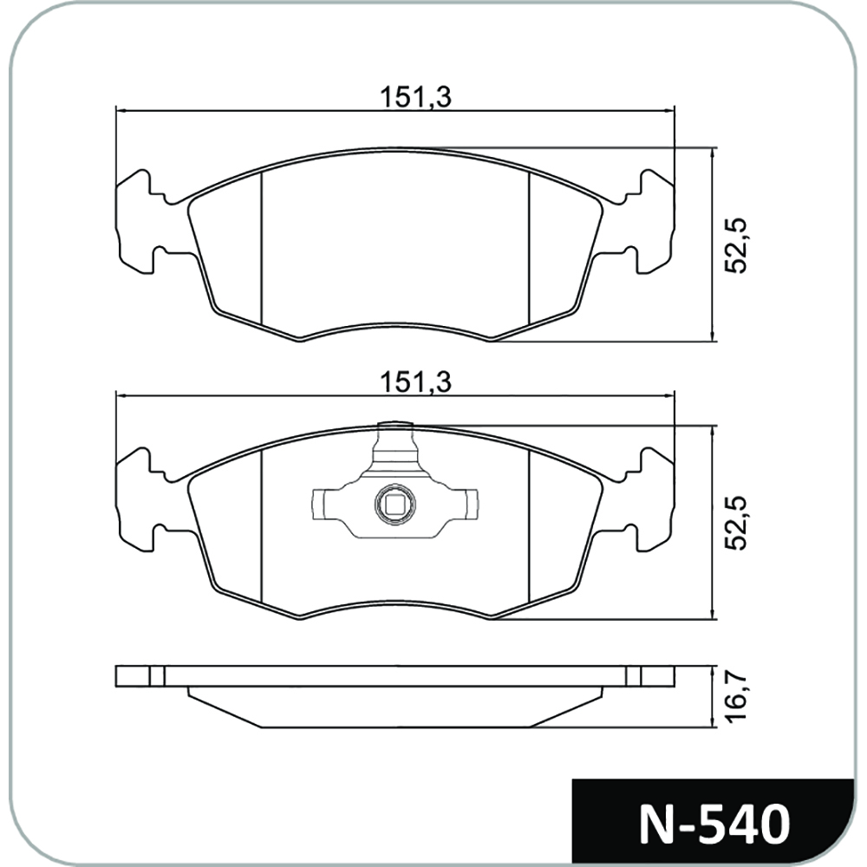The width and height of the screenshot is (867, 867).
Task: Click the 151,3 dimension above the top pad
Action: [415, 97]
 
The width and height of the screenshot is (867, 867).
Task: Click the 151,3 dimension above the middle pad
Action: [415, 382]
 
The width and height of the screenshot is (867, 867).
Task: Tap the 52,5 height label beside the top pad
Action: [735, 245]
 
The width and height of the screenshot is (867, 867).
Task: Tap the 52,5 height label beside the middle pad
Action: [735, 523]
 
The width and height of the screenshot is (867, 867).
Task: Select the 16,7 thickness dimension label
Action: [735, 694]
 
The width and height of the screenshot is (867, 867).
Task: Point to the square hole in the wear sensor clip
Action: [394, 505]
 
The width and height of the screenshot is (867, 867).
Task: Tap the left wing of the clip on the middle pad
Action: [325, 504]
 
